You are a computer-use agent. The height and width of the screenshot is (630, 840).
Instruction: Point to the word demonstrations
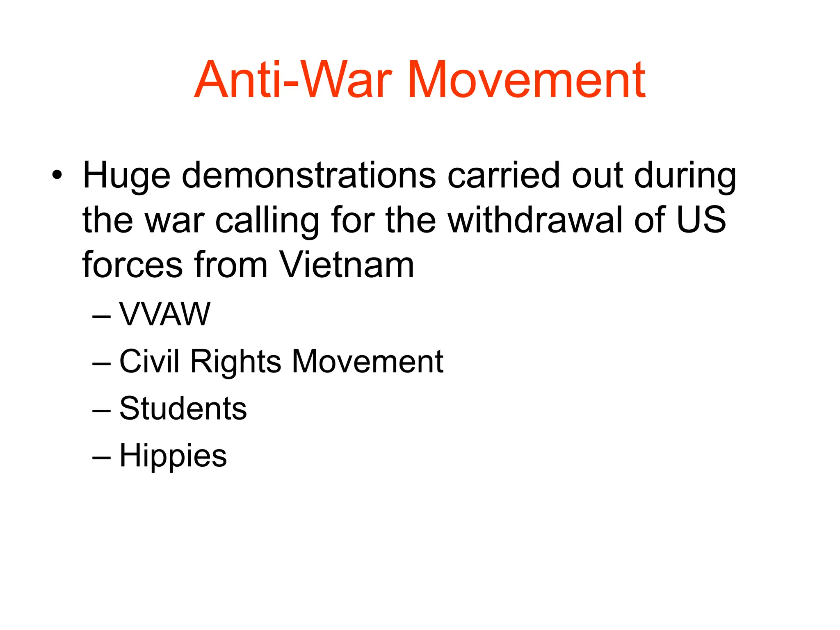[308, 176]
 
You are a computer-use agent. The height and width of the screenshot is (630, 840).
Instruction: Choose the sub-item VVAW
[164, 314]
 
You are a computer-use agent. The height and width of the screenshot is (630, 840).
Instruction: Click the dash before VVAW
[101, 316]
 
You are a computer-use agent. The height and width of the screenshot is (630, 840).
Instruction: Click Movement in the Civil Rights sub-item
[367, 361]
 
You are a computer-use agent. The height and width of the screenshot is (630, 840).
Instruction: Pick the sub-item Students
[183, 409]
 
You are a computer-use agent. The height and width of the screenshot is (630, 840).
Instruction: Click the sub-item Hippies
[173, 456]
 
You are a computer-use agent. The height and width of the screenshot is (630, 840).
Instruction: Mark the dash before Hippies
[101, 457]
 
